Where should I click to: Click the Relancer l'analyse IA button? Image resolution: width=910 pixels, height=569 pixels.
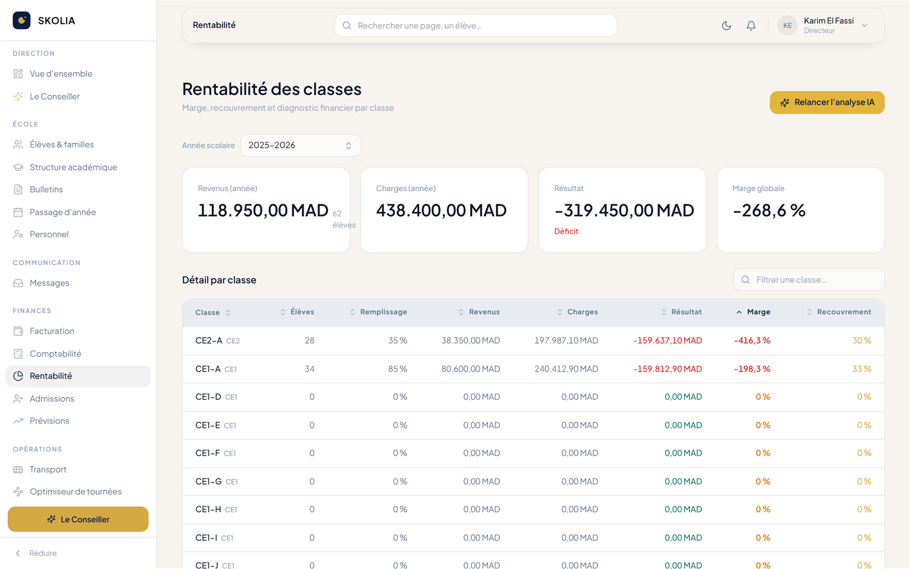827,102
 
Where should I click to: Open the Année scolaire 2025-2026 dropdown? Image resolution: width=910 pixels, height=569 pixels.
301,146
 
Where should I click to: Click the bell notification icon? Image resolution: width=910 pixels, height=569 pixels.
751,26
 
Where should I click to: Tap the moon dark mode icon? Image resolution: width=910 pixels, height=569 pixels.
726,26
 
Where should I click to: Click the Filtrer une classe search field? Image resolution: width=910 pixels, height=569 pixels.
808,279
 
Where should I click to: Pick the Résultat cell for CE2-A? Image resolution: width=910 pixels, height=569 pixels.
668,341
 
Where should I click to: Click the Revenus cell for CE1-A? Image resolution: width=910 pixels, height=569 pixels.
470,369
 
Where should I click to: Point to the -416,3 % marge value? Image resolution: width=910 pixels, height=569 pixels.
752,341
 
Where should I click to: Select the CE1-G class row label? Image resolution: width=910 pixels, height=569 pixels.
208,481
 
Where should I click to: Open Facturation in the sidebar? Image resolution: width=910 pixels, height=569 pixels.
52,331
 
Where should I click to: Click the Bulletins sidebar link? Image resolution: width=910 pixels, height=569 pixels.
46,189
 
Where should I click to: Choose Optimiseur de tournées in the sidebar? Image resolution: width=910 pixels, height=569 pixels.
76,492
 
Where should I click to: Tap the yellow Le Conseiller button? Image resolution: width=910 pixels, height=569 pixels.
78,519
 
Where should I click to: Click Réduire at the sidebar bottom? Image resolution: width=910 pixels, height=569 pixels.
43,553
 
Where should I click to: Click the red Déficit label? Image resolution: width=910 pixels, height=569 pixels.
566,231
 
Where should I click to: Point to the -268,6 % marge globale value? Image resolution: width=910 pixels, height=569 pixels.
768,211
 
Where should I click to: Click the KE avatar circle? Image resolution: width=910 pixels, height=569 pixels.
787,26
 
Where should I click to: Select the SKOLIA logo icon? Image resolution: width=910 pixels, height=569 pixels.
22,20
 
